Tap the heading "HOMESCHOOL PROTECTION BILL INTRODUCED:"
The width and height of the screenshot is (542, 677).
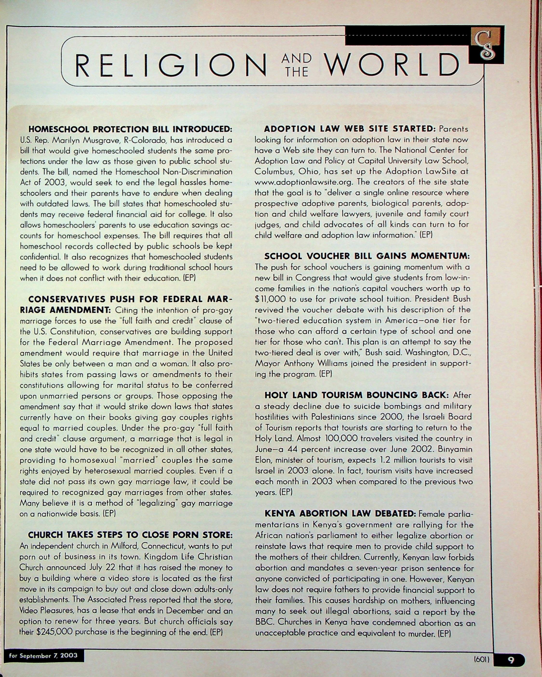click(130, 129)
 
